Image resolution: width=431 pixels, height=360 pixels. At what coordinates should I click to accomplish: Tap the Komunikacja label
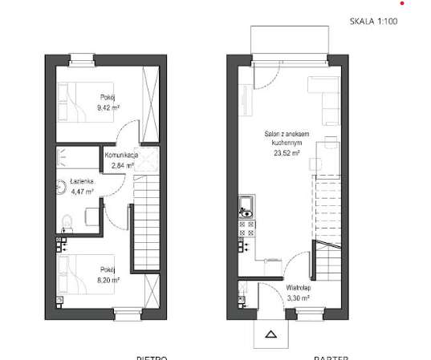(x=123, y=155)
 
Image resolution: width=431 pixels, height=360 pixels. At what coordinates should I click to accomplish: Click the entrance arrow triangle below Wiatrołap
(x=270, y=335)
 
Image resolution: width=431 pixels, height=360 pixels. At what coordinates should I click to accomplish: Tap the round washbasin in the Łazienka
(x=63, y=190)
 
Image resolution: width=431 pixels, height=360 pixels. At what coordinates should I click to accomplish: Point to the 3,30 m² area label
(x=299, y=295)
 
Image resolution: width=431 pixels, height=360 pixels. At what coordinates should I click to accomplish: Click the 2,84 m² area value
(x=122, y=166)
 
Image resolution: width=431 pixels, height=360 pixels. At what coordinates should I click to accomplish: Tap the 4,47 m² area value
(x=83, y=192)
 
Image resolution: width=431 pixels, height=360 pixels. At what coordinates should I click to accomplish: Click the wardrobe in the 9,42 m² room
(x=149, y=95)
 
